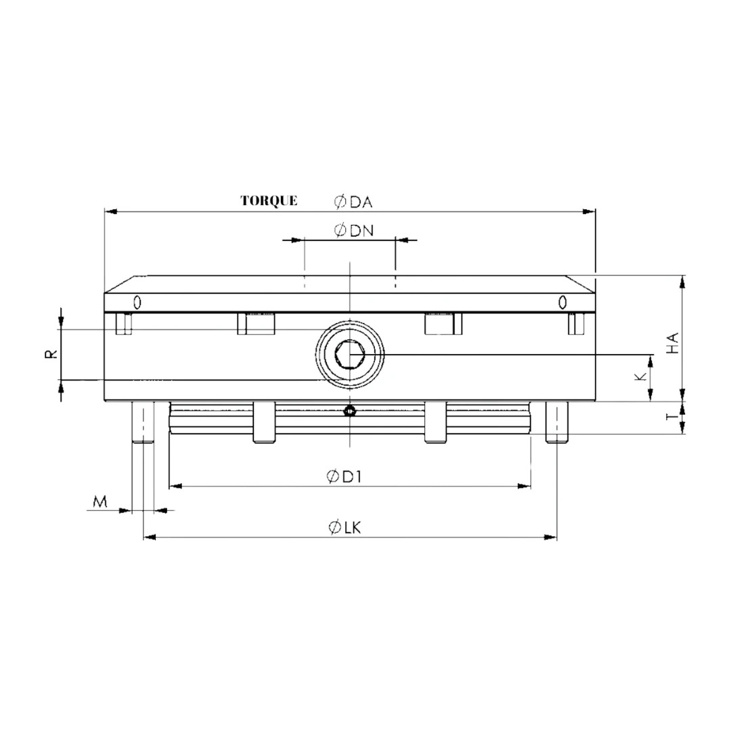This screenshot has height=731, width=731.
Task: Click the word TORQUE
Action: pos(269,200)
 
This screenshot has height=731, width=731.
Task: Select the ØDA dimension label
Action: pos(353,202)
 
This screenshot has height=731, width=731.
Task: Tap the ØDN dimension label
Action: pos(353,231)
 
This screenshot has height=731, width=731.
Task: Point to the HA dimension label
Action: pos(672,343)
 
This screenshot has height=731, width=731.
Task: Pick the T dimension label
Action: pos(671,418)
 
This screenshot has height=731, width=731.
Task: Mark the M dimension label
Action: pos(100,502)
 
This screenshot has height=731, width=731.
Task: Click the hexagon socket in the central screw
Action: pos(349,354)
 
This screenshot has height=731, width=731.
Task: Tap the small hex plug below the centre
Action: pos(349,410)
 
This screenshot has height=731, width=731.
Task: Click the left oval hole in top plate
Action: pos(137,302)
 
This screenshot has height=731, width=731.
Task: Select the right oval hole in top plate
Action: pos(562,302)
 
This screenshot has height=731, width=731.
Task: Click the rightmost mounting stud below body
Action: pos(556,422)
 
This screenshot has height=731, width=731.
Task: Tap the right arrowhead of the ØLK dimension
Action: pos(551,537)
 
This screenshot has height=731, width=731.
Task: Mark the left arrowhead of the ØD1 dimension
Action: pos(175,486)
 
